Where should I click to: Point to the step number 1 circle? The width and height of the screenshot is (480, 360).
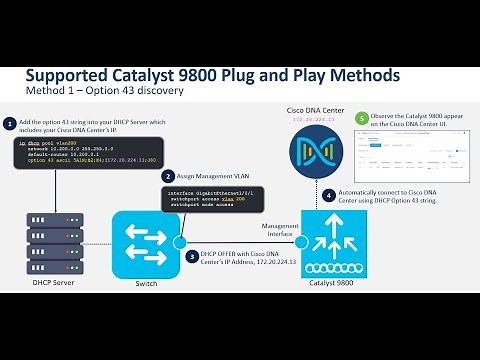click(x=10, y=124)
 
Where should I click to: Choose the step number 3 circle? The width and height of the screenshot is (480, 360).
click(x=192, y=257)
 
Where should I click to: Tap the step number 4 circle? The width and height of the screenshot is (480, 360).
click(x=357, y=196)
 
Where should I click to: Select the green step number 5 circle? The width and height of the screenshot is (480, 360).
click(x=362, y=118)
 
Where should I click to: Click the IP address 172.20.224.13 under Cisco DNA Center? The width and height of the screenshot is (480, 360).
click(x=316, y=119)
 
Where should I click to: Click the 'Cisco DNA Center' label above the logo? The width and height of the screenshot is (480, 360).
click(x=316, y=108)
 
